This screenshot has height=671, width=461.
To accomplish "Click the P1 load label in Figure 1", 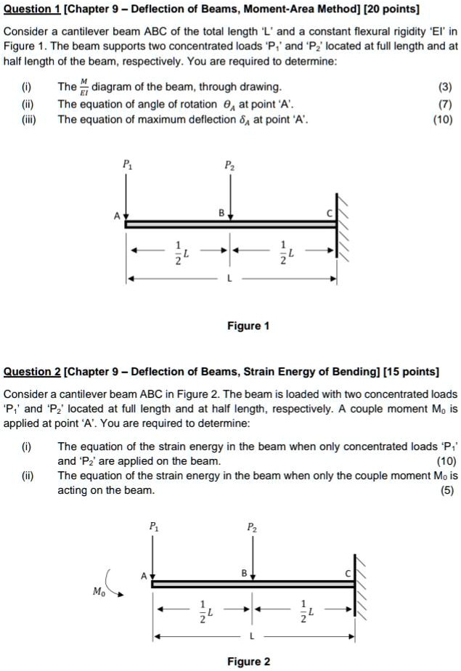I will pos(127,164).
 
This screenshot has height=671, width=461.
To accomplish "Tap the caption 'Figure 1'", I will pos(248,326).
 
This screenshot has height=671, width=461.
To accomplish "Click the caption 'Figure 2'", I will pos(248,661).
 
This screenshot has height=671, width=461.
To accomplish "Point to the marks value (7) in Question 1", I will pos(445,104).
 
